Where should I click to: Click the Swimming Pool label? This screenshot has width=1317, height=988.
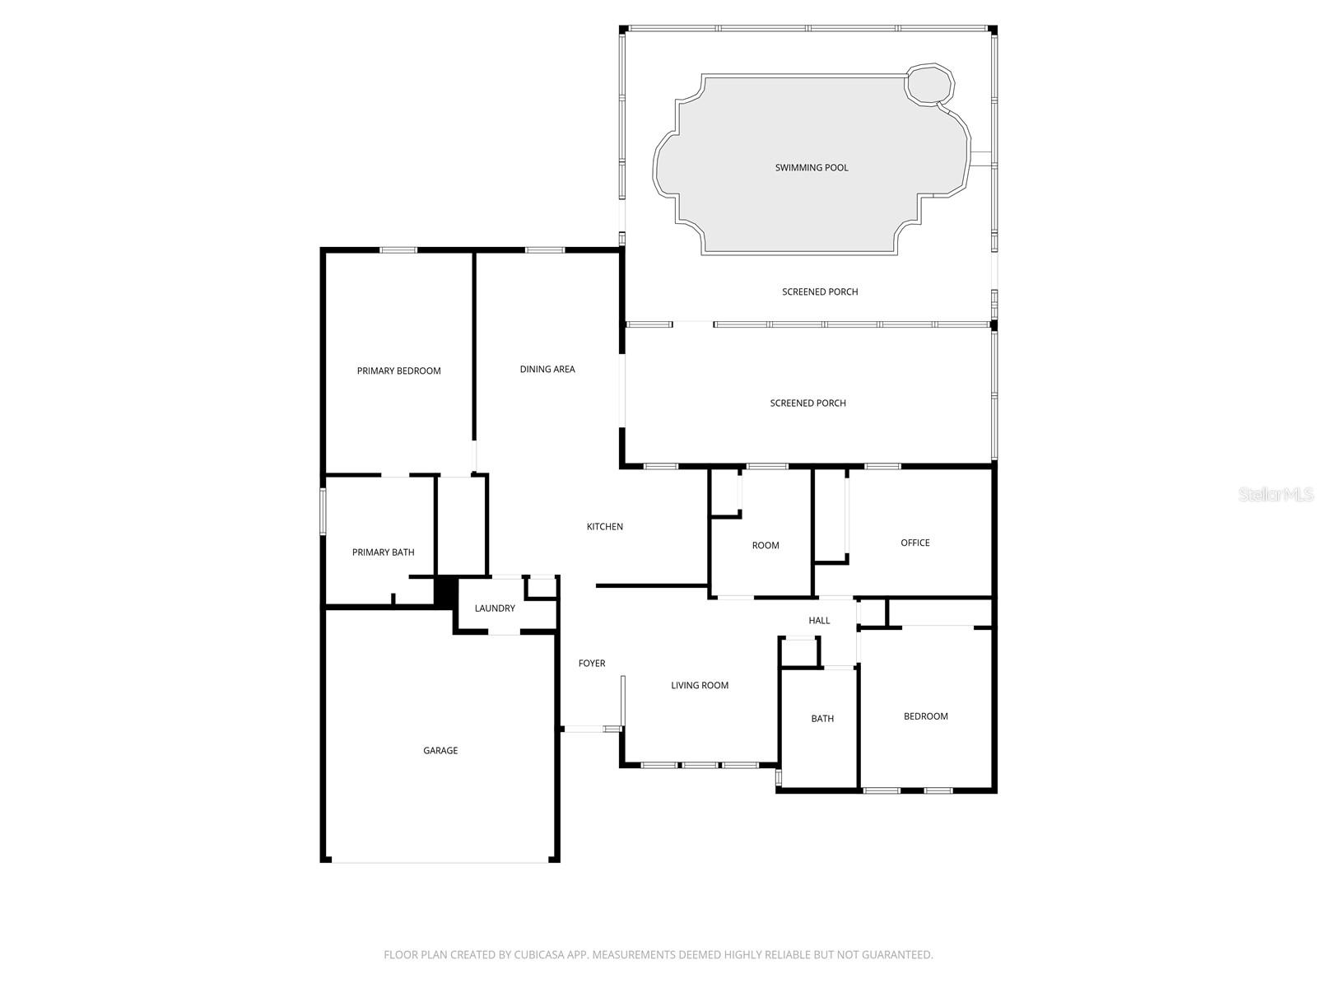pos(811,168)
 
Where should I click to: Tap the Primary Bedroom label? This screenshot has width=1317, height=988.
pos(398,371)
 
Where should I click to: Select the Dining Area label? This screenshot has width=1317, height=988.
pos(547,370)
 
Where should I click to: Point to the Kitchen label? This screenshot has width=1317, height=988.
pos(604,527)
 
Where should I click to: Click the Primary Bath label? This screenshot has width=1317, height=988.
pos(383,552)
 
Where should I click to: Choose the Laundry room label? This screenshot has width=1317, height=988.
pos(495,608)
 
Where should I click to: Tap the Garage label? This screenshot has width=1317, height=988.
pos(440,751)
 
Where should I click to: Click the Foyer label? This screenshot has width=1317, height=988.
pos(592,664)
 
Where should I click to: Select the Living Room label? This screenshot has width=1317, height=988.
pos(700,686)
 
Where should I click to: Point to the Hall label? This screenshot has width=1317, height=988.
pos(819,621)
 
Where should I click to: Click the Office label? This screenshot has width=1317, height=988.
pos(915,543)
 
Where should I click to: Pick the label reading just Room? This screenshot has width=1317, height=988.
pos(766,546)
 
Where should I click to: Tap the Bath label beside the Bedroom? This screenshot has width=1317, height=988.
pos(822,719)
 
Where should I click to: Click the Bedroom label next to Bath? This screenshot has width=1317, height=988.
pos(926,716)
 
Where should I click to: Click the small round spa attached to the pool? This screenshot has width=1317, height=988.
pos(930,84)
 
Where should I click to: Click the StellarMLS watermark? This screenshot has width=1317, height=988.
pos(1277,495)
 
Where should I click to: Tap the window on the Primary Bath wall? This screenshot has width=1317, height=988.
pos(323,511)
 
